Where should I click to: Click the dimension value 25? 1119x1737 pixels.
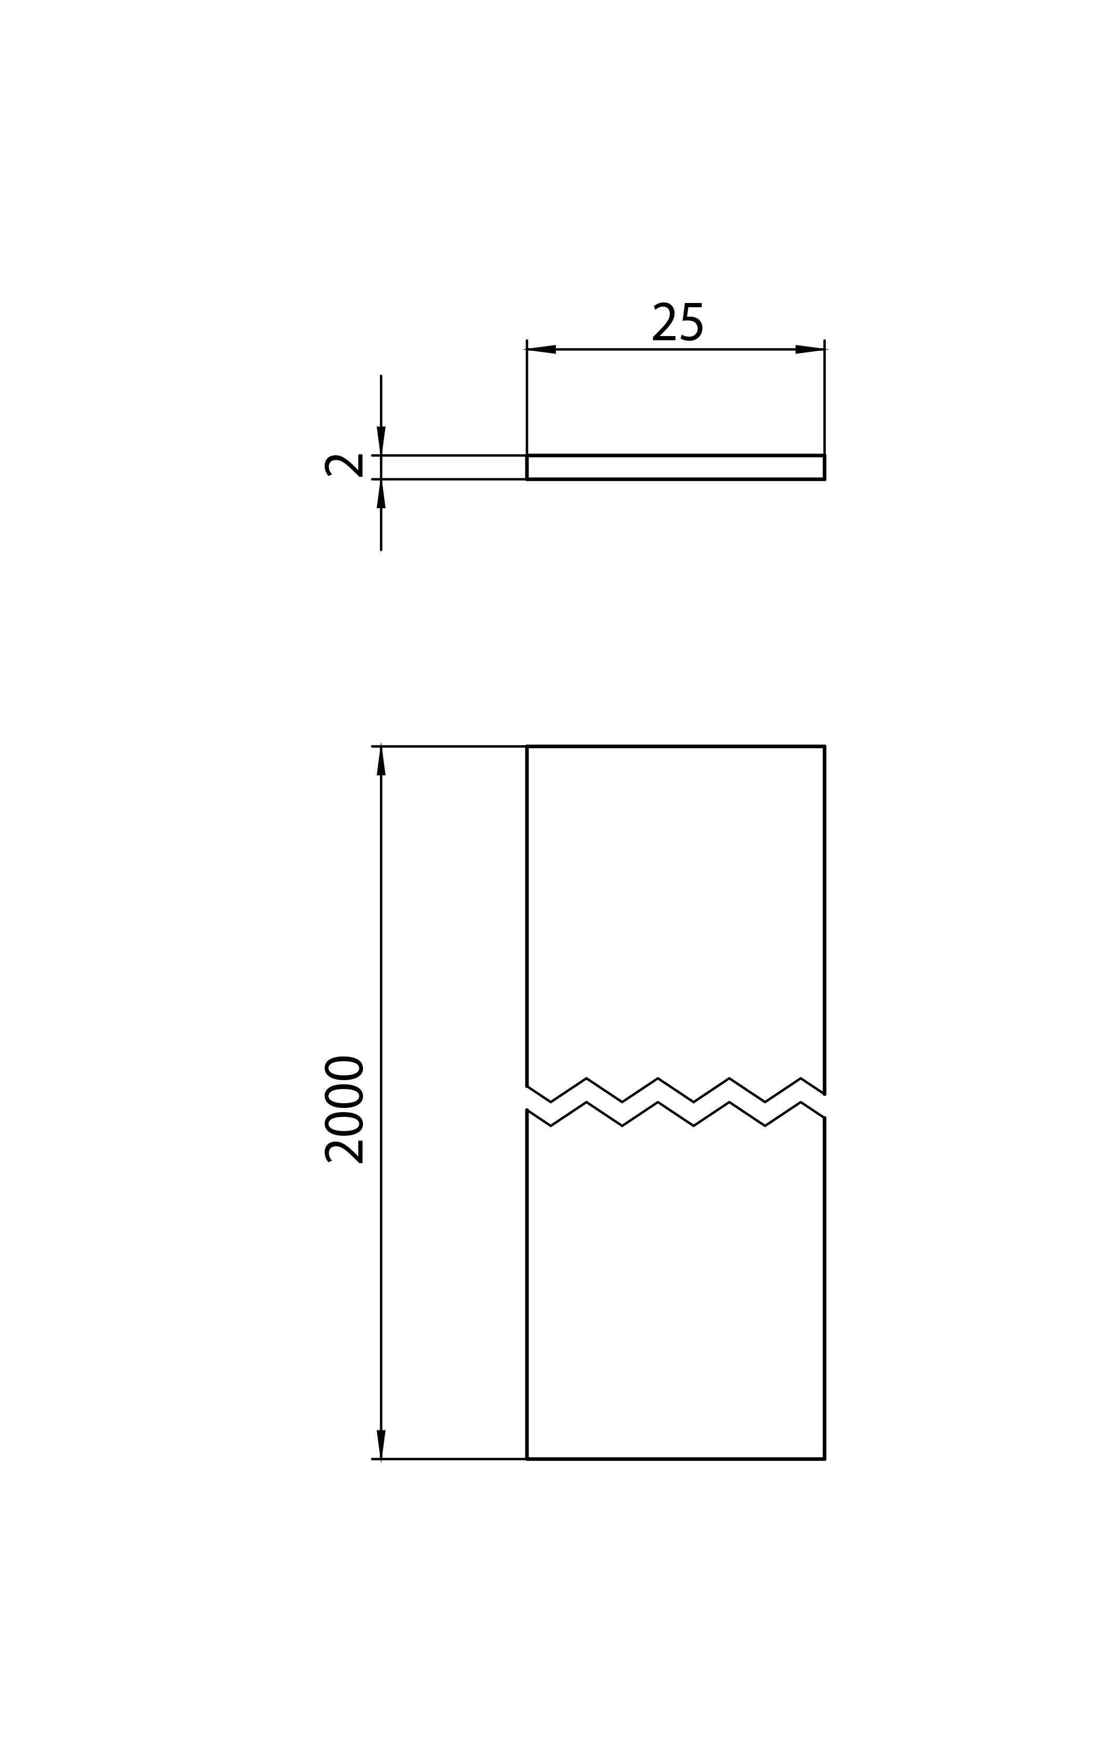coord(677,322)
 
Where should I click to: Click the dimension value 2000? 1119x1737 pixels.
coord(343,1110)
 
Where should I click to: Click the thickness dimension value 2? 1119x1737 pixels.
coord(343,465)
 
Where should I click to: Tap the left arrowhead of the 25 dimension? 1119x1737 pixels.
coord(541,349)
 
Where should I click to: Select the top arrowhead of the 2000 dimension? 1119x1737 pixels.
coord(381,761)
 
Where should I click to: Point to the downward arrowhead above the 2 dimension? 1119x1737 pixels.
coord(381,441)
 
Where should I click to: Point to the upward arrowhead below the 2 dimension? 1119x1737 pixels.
coord(381,494)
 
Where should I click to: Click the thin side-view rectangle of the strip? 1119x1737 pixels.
coord(676,455)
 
